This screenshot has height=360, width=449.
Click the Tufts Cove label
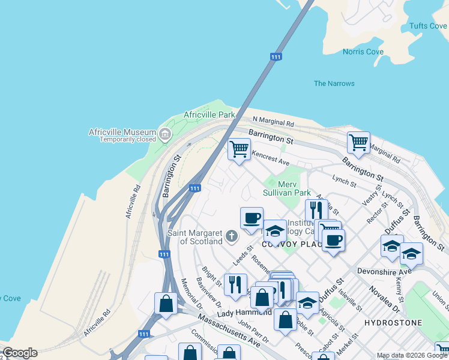tap(428, 26)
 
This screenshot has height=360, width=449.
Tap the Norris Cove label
tap(363, 52)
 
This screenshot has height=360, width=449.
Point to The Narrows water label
tap(334, 83)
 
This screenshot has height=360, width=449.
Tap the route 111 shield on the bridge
tap(276, 57)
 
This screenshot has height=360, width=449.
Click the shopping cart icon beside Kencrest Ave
tap(239, 148)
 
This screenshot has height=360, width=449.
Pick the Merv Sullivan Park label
tap(287, 188)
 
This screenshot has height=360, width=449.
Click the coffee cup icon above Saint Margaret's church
tap(252, 217)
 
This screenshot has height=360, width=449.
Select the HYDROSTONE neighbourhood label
tap(393, 323)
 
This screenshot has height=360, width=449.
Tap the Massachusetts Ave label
tap(229, 331)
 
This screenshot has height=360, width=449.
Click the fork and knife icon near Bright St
tap(235, 284)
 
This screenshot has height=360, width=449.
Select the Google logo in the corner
tap(20, 353)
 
